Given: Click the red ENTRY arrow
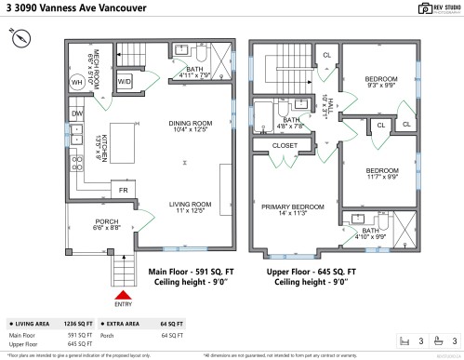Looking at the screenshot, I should pyautogui.click(x=122, y=294).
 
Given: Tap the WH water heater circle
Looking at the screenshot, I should pyautogui.click(x=77, y=83).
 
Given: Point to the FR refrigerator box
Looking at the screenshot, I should pyautogui.click(x=122, y=190).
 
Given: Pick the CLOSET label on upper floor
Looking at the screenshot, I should pyautogui.click(x=285, y=146).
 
